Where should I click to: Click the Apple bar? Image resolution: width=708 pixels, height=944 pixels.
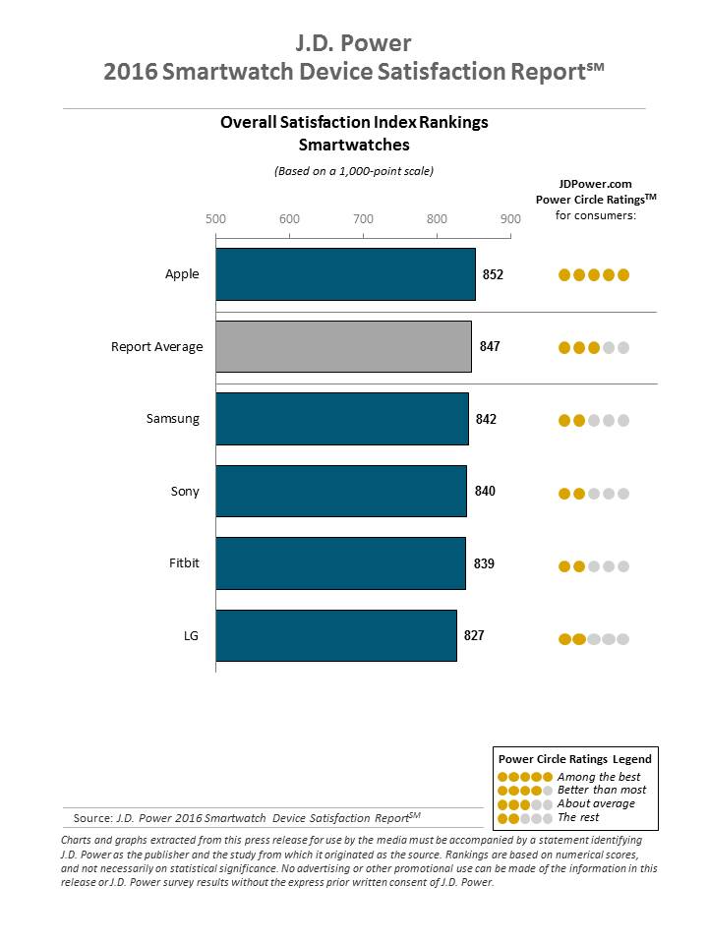coord(345,274)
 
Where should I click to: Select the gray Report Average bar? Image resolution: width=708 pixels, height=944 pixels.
coord(343,346)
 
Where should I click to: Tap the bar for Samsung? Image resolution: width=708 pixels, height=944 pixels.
coord(341,419)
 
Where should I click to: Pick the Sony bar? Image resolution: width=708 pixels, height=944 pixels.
coord(340,491)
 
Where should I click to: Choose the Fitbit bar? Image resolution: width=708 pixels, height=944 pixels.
coord(340,563)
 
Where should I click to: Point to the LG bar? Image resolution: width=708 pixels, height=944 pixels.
coord(335,635)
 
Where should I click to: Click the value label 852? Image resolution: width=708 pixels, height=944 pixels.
coord(493,274)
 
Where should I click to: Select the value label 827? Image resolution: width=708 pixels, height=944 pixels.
coord(474,635)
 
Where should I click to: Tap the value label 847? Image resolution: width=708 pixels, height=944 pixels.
coord(489,346)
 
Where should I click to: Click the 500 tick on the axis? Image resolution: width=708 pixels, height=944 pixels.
coord(215,218)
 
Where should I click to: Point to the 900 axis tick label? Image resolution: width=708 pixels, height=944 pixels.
coord(509,218)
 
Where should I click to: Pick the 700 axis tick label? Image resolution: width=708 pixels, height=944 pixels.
coord(363,218)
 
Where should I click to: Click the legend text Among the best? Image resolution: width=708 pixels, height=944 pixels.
coord(598,777)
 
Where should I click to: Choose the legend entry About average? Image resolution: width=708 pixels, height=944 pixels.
coord(596,803)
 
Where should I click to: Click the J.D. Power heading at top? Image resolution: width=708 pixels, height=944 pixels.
coord(353,43)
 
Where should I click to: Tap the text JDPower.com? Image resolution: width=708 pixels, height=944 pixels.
coord(595,183)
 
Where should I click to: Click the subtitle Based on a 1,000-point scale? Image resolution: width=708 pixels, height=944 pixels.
coord(353,170)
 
